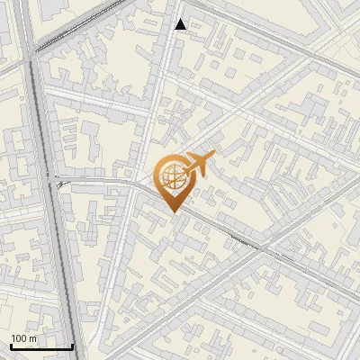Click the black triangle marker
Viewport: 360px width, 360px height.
pos(181,24)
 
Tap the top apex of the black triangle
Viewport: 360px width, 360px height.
pos(181,18)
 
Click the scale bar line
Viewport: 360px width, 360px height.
pos(41,346)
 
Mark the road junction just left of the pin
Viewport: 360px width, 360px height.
pos(142,184)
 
